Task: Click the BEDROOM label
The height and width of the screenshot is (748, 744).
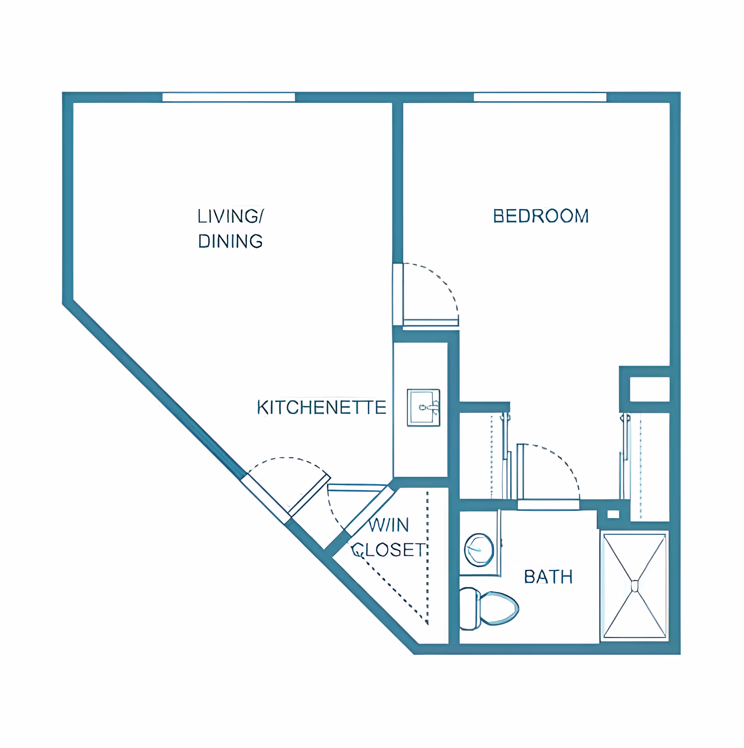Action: click(x=541, y=216)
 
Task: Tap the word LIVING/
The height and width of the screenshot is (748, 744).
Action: click(x=231, y=216)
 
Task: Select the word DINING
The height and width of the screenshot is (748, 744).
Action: click(x=231, y=241)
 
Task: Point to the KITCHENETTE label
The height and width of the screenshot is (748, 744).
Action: click(x=322, y=407)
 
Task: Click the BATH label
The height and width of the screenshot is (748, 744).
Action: click(x=548, y=577)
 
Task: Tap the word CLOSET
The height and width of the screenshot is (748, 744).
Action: click(x=388, y=550)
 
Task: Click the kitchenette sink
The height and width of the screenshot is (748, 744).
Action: click(x=423, y=407)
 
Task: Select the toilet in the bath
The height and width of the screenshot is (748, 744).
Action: click(x=489, y=608)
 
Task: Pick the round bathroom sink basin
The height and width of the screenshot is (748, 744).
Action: click(x=479, y=550)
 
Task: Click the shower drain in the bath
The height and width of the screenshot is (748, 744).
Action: click(x=635, y=586)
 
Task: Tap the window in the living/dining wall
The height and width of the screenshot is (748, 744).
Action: click(x=229, y=97)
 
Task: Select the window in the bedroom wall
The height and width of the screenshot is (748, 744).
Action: click(x=540, y=97)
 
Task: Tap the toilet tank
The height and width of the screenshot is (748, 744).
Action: click(x=470, y=608)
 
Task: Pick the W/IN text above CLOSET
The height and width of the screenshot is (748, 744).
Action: click(x=388, y=525)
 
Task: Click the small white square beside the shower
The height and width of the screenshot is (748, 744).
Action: click(x=613, y=514)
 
